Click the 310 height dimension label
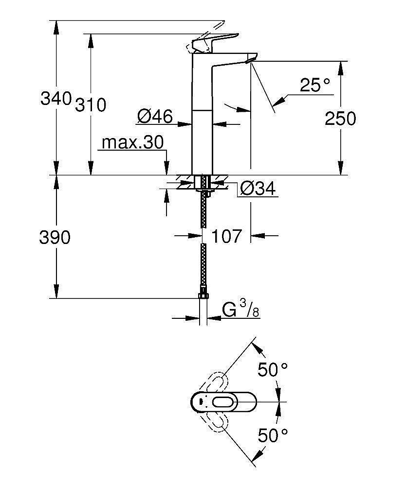point(91,104)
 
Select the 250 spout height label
point(341,118)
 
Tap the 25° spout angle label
point(314,86)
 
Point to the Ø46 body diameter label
point(155,116)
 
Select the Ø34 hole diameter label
point(258,188)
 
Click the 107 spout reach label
point(227,236)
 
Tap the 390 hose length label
point(55,238)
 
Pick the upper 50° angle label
point(272,371)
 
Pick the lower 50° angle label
point(272,434)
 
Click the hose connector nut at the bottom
point(203,296)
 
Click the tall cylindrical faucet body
point(202,121)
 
